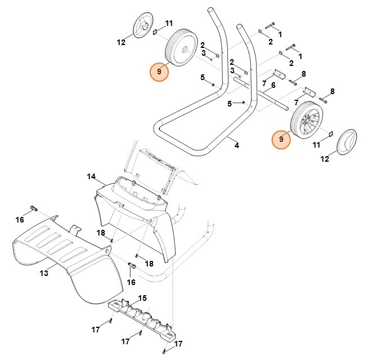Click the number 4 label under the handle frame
tap(237, 146)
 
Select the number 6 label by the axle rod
tap(273, 85)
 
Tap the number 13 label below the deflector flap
tap(44, 273)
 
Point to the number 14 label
tap(91, 177)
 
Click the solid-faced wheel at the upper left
tap(181, 47)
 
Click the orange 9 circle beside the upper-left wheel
tap(159, 72)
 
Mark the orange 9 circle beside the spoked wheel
tap(281, 139)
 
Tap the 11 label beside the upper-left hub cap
tap(169, 23)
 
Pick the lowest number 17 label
tap(178, 343)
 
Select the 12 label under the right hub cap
tap(325, 160)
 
